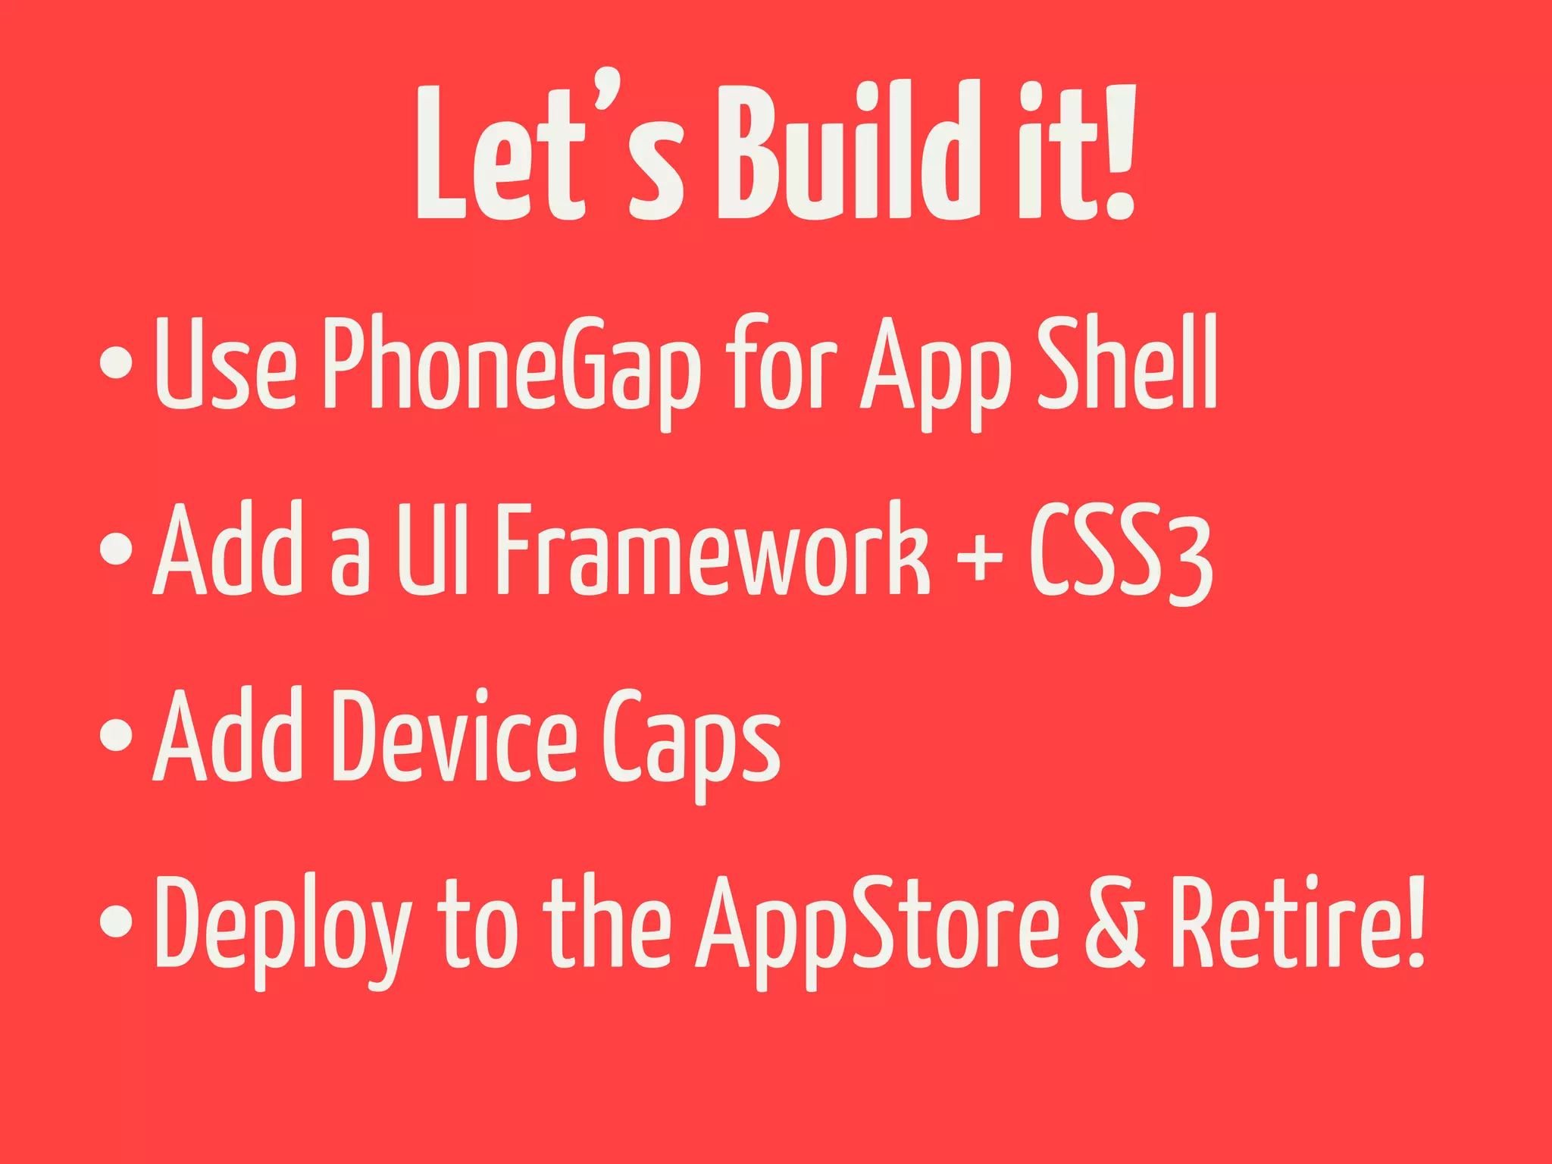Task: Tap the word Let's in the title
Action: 549,155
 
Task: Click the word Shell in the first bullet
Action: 1127,364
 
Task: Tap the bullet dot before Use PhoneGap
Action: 116,361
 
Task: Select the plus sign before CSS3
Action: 979,557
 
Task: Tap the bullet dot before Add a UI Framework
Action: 116,549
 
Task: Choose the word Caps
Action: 691,739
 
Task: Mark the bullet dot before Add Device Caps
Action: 116,734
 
